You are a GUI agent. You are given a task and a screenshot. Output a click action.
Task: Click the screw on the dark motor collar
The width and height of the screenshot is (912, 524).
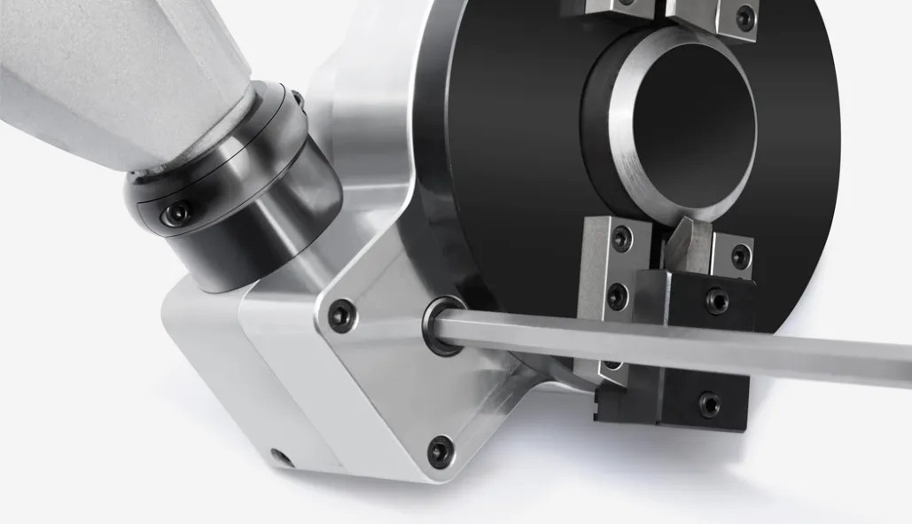pyautogui.click(x=178, y=215)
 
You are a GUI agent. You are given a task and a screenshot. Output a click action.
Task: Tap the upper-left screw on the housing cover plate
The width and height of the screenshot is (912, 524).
pyautogui.click(x=340, y=314)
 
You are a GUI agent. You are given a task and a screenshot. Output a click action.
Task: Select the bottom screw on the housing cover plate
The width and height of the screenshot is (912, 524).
pyautogui.click(x=439, y=451)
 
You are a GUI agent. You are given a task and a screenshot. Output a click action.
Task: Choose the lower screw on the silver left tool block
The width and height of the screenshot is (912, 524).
pyautogui.click(x=618, y=296)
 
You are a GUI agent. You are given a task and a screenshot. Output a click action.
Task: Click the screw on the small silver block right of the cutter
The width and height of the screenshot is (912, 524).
pyautogui.click(x=739, y=257)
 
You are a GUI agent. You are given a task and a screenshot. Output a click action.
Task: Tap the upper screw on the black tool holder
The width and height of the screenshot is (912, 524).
pyautogui.click(x=717, y=301)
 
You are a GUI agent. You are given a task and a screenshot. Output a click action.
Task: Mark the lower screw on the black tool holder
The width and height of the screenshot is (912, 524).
pyautogui.click(x=709, y=403)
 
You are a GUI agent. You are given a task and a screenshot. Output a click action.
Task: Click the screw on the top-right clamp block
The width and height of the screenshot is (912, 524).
pyautogui.click(x=745, y=16)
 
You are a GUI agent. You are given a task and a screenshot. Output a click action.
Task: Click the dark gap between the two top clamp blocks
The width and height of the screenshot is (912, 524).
pyautogui.click(x=660, y=11)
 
